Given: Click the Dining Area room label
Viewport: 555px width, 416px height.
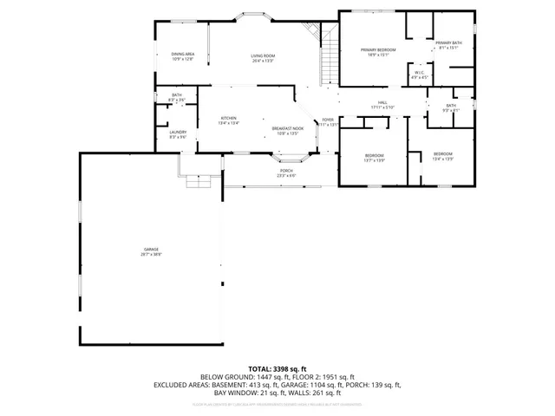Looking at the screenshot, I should (x=182, y=56).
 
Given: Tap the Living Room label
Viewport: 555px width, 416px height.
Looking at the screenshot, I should (x=263, y=57).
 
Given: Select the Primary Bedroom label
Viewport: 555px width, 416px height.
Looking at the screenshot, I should (x=378, y=53).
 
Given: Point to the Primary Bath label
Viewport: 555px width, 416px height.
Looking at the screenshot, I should (x=448, y=45).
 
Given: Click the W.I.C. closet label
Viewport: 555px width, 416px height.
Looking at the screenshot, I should (x=419, y=75).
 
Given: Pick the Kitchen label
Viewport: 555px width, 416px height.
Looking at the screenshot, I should (x=228, y=120).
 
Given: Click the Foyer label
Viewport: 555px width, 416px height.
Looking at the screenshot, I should (x=328, y=122).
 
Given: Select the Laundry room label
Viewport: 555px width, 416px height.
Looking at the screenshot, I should (x=178, y=134).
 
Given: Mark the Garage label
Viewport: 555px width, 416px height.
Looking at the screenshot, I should (x=152, y=252).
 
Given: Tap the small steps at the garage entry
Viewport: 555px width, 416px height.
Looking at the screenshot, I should (x=191, y=180).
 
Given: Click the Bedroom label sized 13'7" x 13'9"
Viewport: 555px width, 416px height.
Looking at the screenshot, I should (x=374, y=157).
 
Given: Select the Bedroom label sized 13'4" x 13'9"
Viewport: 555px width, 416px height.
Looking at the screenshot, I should (x=443, y=156).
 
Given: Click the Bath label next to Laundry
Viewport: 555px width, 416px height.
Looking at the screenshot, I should (x=177, y=98).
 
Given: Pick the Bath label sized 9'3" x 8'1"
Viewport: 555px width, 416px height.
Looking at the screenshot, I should (x=451, y=107).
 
